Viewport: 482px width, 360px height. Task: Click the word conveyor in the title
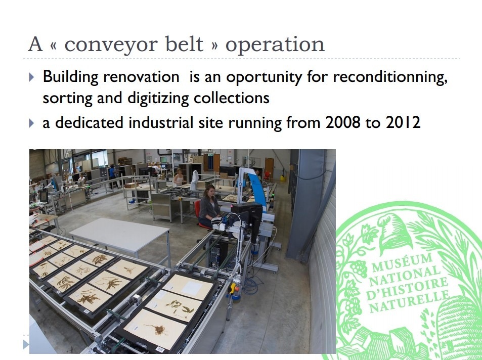click(112, 45)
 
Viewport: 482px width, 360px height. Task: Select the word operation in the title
click(275, 45)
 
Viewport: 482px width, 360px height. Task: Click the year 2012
click(403, 123)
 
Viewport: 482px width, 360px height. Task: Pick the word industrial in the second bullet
click(161, 123)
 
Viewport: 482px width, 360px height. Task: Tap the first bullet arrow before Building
click(32, 77)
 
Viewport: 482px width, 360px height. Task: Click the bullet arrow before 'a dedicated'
click(32, 123)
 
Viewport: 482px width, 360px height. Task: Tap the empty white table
click(119, 234)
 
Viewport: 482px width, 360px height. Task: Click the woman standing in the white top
click(179, 177)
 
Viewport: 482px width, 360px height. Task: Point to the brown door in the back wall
click(269, 168)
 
